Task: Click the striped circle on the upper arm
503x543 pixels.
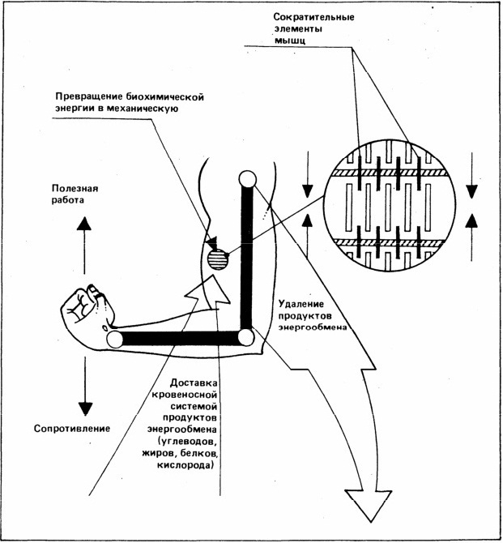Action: (x=218, y=259)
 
